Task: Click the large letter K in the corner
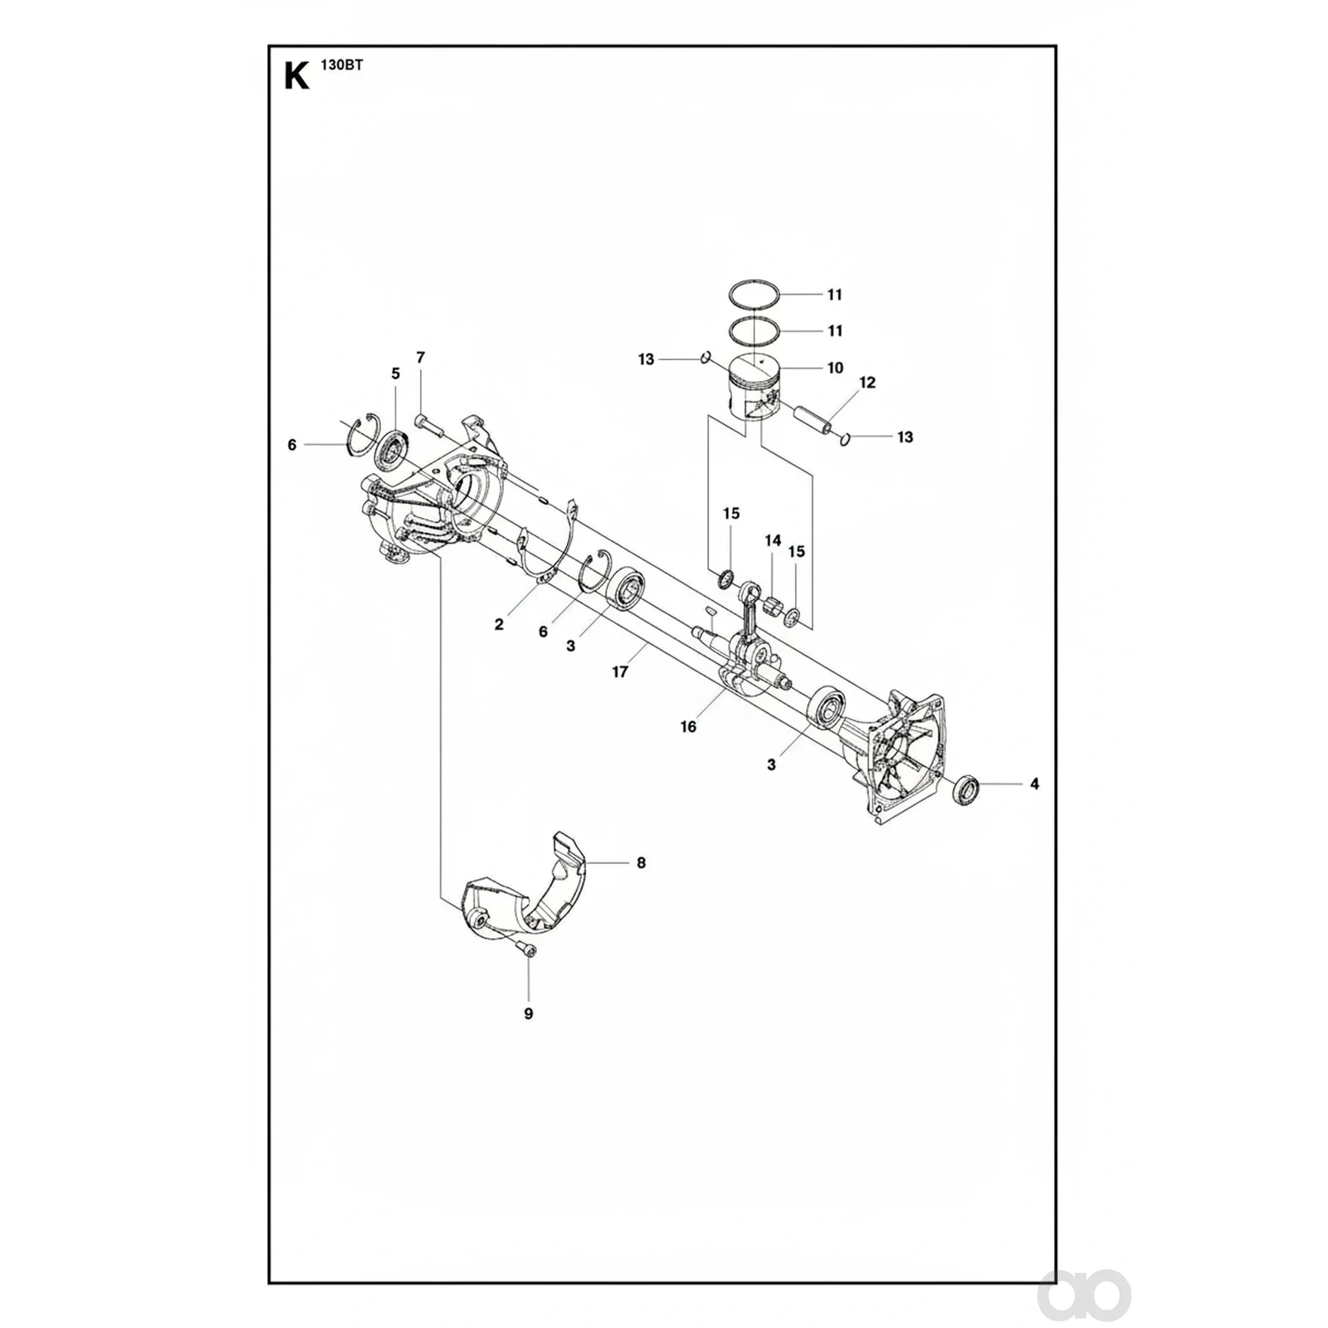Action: point(296,76)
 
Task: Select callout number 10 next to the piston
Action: point(835,368)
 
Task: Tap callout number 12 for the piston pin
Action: point(867,383)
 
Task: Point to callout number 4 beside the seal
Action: point(1034,784)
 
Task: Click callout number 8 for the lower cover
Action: point(641,863)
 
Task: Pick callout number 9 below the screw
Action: point(529,1013)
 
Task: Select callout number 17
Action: point(620,672)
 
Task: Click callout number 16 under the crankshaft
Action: point(688,727)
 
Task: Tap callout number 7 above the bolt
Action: point(421,358)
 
